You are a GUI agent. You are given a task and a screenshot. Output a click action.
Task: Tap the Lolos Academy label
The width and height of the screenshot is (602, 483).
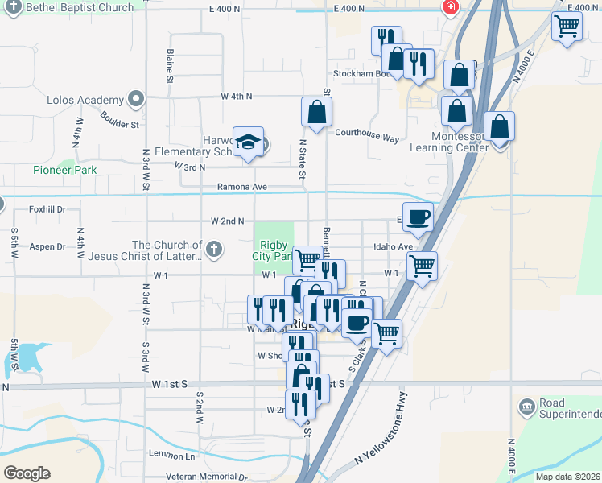85,101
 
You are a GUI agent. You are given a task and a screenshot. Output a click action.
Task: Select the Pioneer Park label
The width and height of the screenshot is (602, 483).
64,170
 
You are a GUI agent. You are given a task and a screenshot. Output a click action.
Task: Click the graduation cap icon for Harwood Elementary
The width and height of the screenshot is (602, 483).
249,142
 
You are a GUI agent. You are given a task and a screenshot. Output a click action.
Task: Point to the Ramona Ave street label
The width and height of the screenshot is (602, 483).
241,187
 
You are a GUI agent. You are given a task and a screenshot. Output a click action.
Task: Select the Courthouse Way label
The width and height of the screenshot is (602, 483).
367,136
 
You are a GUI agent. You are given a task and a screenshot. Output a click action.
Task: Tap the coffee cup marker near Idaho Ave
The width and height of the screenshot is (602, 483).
418,217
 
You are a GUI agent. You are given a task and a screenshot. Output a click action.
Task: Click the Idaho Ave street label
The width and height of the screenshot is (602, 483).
392,247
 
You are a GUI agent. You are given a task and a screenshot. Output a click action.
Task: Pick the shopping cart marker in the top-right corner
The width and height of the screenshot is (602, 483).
567,26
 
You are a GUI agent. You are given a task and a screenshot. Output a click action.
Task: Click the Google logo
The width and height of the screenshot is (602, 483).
27,473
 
